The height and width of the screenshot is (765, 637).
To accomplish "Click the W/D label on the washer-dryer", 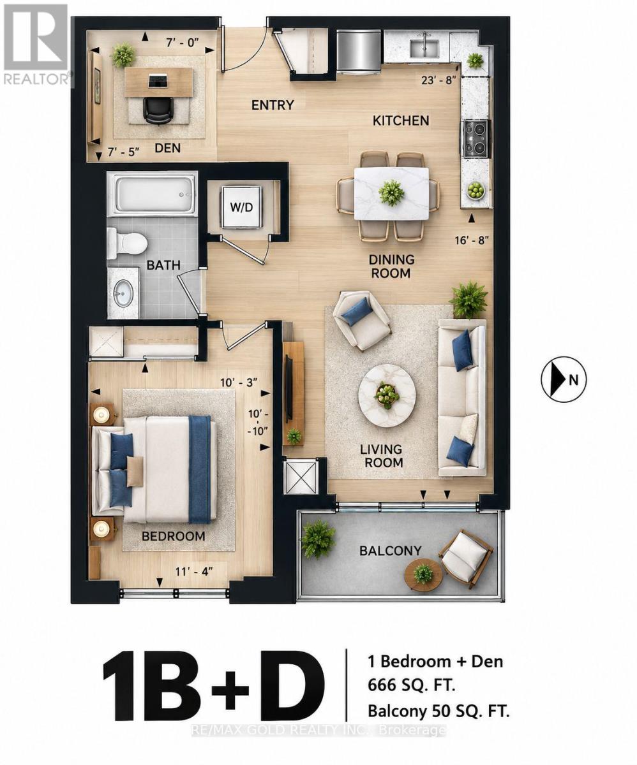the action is tap(241, 208).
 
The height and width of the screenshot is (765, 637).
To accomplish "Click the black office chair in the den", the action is tap(158, 110).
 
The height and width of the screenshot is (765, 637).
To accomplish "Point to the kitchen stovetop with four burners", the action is tap(476, 139).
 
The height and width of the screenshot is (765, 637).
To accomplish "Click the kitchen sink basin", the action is tap(424, 47).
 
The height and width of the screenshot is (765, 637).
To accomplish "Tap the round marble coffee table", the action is tap(387, 395).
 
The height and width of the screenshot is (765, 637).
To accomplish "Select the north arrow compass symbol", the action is tap(564, 379).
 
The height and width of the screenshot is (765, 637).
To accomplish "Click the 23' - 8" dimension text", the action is tap(438, 80).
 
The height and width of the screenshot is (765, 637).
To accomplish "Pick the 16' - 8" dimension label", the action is tap(472, 240).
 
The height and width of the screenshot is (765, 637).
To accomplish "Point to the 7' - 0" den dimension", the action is tap(183, 43).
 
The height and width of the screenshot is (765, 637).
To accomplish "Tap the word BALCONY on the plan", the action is tap(391, 551).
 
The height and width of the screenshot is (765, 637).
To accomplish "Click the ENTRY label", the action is tap(273, 105).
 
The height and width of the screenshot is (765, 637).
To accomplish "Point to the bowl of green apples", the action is tap(476, 191).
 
